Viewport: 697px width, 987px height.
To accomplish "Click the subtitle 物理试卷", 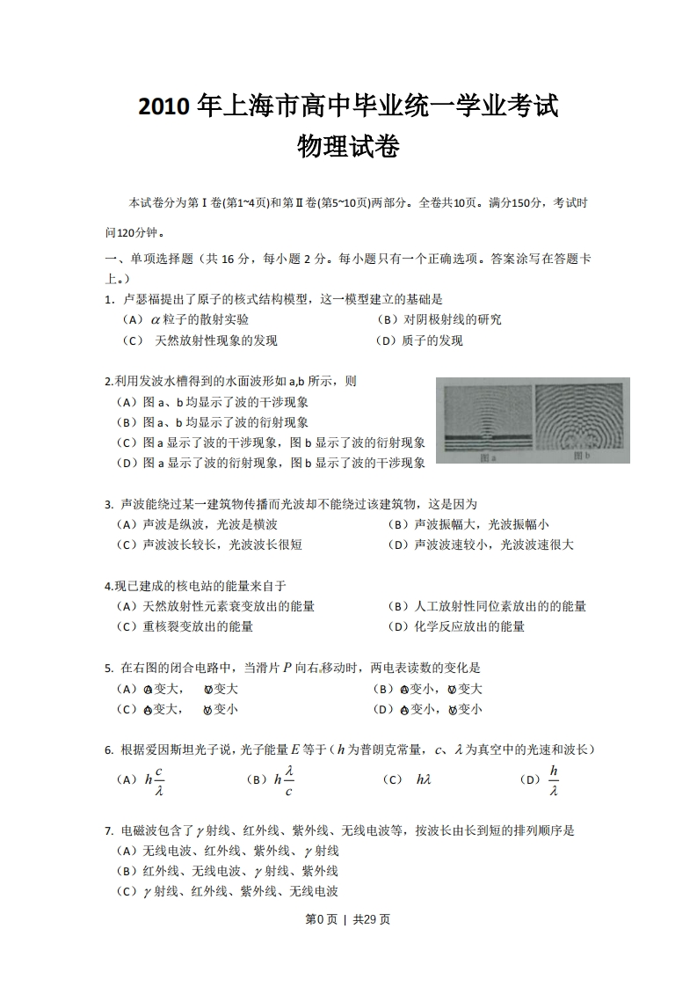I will [x=348, y=147].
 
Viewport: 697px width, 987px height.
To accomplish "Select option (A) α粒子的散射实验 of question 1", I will [x=185, y=320].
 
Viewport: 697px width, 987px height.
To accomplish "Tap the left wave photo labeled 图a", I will [x=486, y=420].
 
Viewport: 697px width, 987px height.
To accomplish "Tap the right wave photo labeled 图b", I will [x=579, y=420].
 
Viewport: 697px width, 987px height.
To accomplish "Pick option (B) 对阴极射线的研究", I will [x=439, y=320].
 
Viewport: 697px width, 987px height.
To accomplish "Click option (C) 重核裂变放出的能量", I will [x=185, y=627].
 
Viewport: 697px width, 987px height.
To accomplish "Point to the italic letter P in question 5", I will [x=287, y=669].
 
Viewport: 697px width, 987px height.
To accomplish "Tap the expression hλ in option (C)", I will [x=424, y=780].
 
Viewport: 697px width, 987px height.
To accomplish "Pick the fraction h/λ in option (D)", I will [x=554, y=779].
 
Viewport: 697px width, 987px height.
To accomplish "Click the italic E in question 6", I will [x=294, y=750].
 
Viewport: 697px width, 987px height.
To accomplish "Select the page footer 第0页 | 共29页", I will [x=348, y=919].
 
